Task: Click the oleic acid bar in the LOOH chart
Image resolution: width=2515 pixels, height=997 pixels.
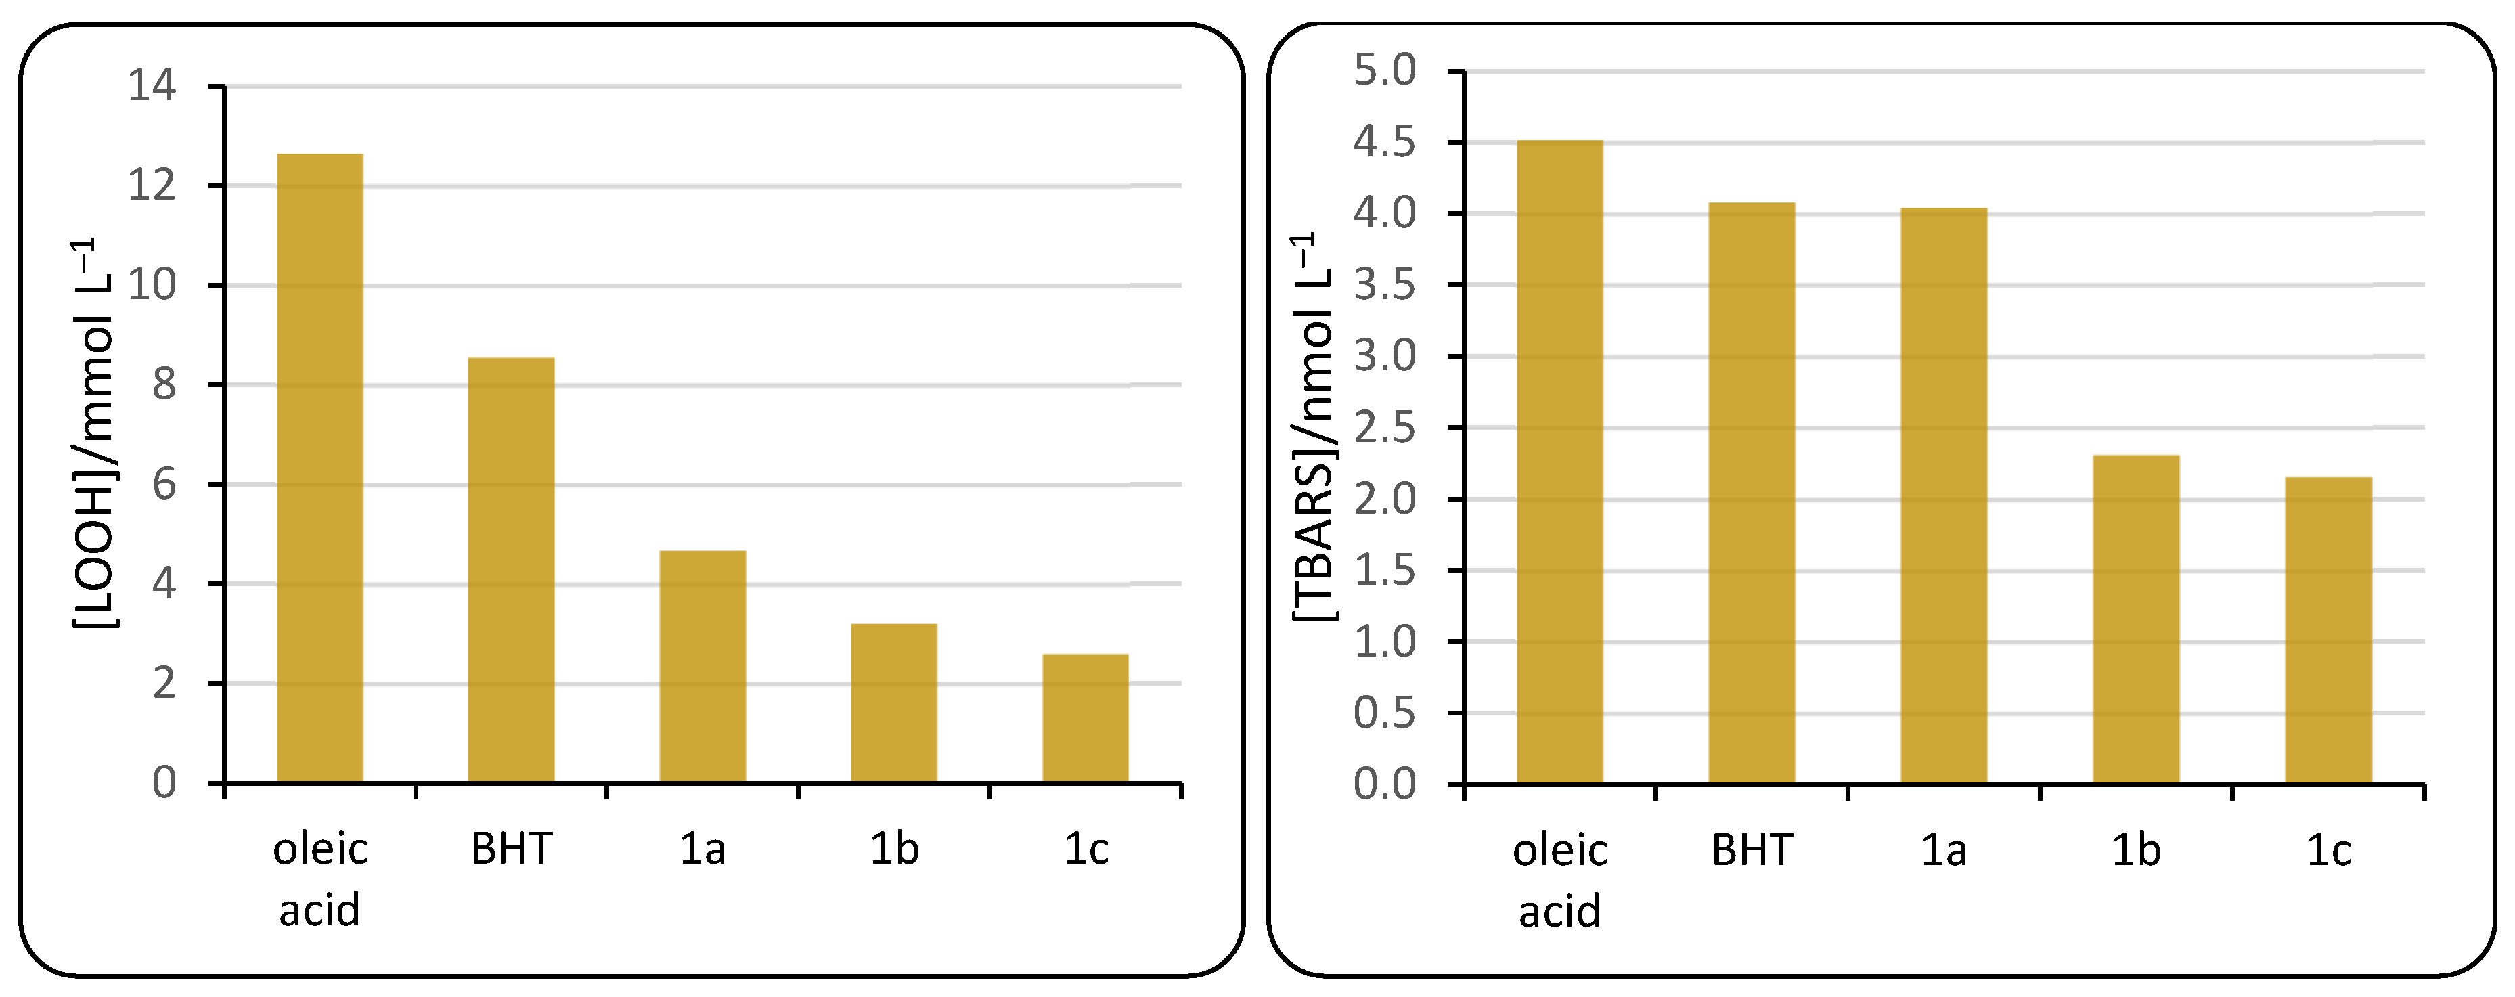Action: (x=320, y=468)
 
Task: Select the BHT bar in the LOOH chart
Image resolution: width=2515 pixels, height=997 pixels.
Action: (x=512, y=571)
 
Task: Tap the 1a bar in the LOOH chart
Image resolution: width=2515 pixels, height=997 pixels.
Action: (x=703, y=667)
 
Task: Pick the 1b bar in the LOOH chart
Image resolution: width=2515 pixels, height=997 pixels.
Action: (x=894, y=703)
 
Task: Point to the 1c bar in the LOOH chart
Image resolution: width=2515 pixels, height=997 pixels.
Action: (x=1086, y=719)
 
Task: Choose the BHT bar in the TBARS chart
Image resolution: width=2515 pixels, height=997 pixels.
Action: (x=1752, y=493)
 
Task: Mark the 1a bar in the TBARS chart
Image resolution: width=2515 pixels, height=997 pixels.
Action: (x=1944, y=496)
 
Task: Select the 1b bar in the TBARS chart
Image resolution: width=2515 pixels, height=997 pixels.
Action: (x=2136, y=619)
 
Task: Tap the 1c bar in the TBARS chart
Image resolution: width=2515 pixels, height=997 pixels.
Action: (x=2328, y=630)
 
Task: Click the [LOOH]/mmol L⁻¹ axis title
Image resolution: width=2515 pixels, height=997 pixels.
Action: (x=95, y=435)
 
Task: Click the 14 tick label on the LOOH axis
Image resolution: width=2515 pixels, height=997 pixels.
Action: (x=152, y=86)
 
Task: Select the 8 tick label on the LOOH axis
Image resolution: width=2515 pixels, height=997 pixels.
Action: (x=164, y=384)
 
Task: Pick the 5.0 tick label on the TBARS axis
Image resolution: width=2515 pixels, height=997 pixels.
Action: (x=1385, y=70)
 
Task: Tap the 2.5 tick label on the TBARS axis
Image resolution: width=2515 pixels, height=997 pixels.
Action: (x=1385, y=428)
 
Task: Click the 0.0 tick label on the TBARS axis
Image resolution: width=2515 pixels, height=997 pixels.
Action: (x=1385, y=784)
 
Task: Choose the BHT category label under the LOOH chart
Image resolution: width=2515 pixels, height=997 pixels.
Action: (x=512, y=849)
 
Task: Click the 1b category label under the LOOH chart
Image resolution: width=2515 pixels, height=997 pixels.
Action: (x=894, y=849)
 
